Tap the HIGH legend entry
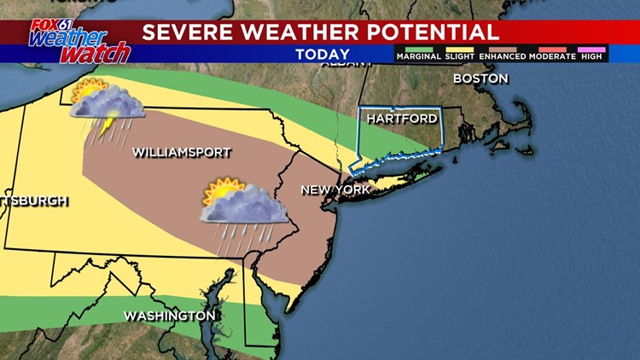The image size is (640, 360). coord(591,56)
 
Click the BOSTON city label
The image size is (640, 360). coord(480,78)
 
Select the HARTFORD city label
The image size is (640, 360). coord(402,119)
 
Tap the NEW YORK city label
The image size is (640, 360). coord(335,189)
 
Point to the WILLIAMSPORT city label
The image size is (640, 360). coord(181,153)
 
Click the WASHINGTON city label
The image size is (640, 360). coord(169,316)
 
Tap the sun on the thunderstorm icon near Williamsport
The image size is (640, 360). coord(86,90)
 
